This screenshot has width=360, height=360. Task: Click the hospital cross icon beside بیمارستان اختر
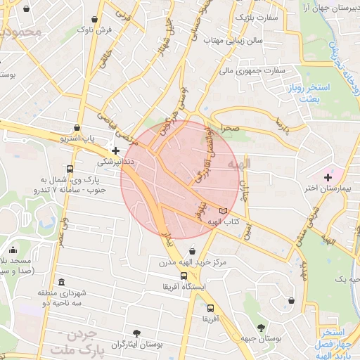click(328, 175)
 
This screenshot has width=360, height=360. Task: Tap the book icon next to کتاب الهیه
click(224, 210)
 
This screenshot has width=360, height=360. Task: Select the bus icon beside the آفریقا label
click(211, 308)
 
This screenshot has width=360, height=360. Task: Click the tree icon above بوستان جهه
click(262, 327)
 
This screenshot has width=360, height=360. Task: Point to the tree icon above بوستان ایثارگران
click(136, 333)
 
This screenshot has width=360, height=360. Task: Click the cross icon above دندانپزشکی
click(116, 150)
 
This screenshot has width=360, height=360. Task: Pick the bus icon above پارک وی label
click(70, 169)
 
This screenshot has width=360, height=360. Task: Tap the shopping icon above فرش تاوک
click(95, 18)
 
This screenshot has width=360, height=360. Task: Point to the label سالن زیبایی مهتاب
click(233, 41)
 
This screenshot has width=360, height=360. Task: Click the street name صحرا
click(230, 129)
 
